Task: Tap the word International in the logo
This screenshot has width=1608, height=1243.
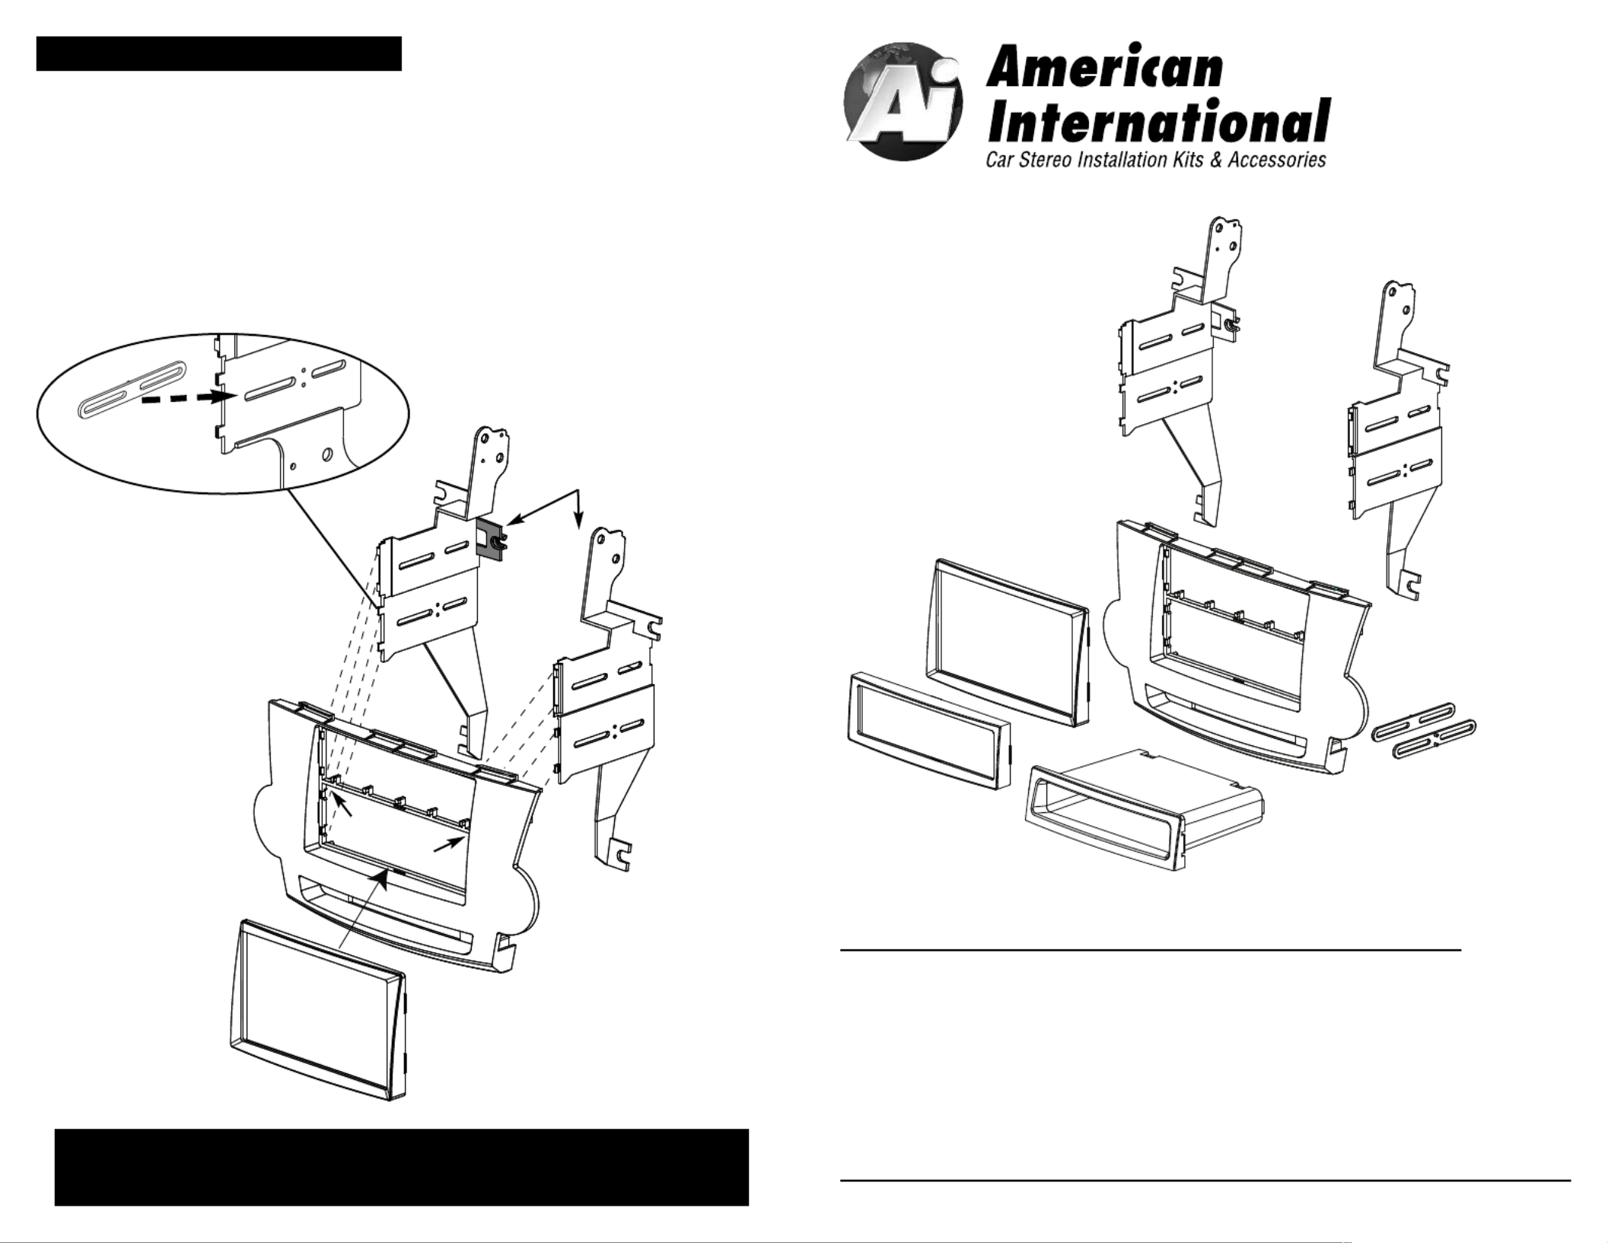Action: (x=1158, y=121)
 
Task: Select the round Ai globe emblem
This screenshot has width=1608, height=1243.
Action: (x=903, y=101)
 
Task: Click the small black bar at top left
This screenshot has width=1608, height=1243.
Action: (x=219, y=53)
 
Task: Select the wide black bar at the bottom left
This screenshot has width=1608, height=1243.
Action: (x=402, y=1167)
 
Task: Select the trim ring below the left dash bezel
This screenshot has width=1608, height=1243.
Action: (x=318, y=1009)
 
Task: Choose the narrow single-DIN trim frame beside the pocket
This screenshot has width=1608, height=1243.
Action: (x=928, y=730)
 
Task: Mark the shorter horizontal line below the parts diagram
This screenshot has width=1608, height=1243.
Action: (x=1151, y=950)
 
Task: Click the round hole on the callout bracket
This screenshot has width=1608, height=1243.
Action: (x=327, y=454)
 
